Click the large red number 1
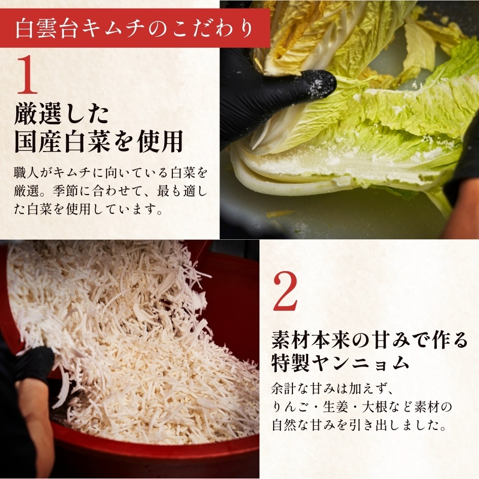coord(28,76)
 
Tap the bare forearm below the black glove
coord(35,421)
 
